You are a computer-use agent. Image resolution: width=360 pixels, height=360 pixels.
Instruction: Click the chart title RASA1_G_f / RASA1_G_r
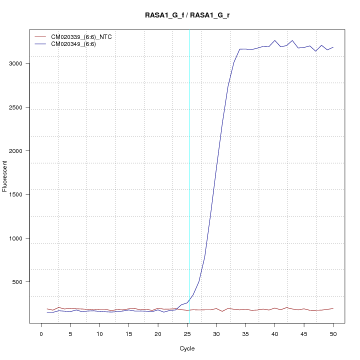187,15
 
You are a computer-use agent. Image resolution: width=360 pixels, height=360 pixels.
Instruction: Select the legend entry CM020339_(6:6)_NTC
84,37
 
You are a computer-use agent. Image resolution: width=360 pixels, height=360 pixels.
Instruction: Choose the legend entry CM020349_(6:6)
77,44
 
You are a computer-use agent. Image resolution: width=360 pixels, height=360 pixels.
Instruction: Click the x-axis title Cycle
187,348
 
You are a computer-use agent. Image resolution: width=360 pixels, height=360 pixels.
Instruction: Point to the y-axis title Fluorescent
5,176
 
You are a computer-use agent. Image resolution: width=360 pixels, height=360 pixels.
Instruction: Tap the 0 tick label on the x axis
41,334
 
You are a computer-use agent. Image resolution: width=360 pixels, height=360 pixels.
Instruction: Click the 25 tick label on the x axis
187,334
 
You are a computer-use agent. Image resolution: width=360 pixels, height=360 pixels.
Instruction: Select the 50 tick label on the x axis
333,334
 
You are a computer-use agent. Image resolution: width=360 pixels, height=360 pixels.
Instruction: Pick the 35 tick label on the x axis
245,334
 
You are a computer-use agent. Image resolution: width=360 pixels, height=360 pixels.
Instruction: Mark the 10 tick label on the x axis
99,334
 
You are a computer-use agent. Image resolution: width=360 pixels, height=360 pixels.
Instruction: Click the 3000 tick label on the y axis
19,63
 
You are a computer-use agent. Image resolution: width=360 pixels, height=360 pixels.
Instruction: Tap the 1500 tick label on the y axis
19,194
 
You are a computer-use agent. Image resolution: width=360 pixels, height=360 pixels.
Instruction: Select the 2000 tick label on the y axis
19,151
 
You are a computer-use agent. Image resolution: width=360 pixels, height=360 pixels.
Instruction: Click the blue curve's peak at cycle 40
274,40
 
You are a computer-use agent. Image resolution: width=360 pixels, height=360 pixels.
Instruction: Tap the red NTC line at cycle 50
333,308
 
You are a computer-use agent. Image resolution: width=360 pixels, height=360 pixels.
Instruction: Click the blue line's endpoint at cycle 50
333,47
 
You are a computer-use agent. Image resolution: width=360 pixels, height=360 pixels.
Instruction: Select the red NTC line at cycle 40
274,308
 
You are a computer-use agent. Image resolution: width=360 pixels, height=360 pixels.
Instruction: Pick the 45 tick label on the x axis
304,334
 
